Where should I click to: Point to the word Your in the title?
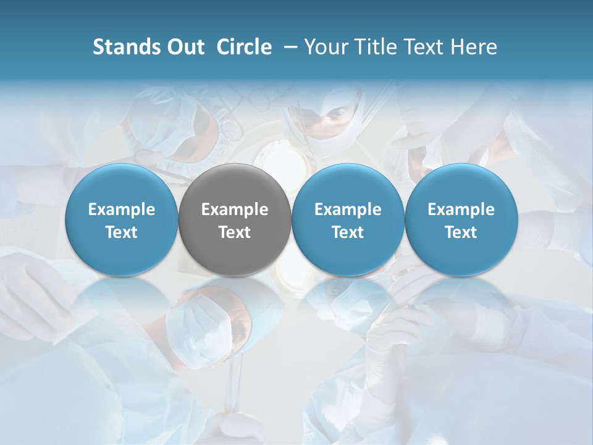pos(325,47)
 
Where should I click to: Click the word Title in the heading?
pos(372,47)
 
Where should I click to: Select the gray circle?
pos(235,220)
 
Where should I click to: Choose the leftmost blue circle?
pos(122,220)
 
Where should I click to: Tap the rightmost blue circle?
pos(461,220)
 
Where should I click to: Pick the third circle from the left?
pos(348,220)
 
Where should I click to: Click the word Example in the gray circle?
pos(235,210)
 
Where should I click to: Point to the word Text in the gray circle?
pos(235,232)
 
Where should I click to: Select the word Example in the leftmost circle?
pos(122,210)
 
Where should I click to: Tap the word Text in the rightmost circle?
pos(461,232)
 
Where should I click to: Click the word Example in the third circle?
pos(348,210)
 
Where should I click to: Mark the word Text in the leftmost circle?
pos(122,232)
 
